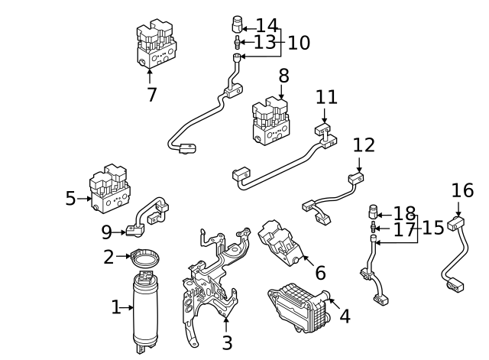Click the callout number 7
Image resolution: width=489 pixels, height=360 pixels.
coord(151,95)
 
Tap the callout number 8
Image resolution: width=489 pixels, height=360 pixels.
coord(283,76)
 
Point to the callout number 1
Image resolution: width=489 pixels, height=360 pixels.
coord(116,308)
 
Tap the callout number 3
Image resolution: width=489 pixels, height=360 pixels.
coord(226,343)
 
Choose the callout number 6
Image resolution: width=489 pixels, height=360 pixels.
coord(320,272)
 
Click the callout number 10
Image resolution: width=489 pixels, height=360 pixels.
coord(298,43)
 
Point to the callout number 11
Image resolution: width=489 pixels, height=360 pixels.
coord(326,98)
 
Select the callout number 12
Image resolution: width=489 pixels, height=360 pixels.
coord(364,144)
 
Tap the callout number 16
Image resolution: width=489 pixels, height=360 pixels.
coord(462,190)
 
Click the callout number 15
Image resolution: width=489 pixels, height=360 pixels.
coord(433,228)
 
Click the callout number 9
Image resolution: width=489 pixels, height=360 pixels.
coord(107,231)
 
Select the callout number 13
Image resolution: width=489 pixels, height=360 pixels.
coord(264,42)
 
